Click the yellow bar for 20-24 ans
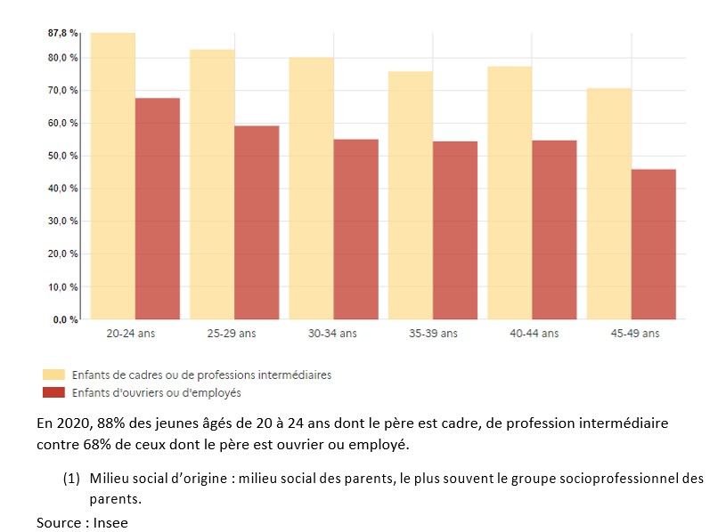(113, 176)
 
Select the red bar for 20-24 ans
(158, 208)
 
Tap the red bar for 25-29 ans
(257, 222)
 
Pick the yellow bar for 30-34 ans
(311, 188)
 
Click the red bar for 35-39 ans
(455, 230)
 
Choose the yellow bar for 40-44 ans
(510, 192)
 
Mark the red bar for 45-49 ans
(654, 244)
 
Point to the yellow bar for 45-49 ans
(609, 204)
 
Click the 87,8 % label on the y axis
(63, 33)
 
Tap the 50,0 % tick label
(63, 156)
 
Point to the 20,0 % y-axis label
(63, 254)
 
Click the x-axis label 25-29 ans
(234, 334)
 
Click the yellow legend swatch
(53, 375)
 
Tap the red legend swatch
(53, 392)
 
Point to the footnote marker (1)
(71, 479)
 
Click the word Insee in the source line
(110, 522)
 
